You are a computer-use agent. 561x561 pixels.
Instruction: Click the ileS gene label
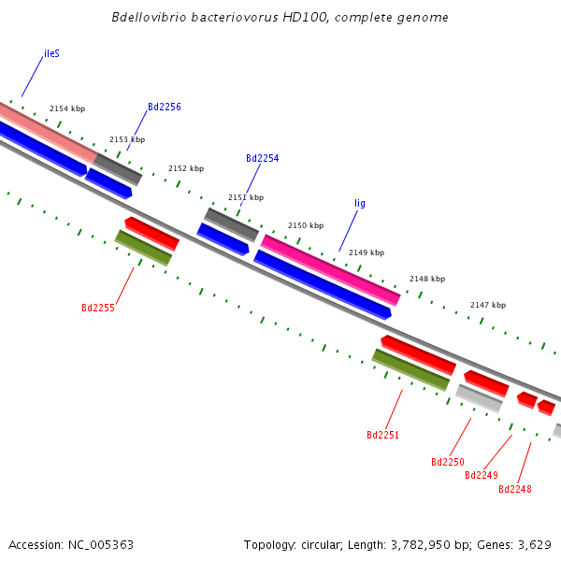pyautogui.click(x=51, y=54)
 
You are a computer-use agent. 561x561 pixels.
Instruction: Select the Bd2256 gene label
pyautogui.click(x=164, y=108)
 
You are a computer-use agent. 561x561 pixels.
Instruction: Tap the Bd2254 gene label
pyautogui.click(x=262, y=159)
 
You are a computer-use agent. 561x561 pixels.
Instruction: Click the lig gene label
pyautogui.click(x=360, y=203)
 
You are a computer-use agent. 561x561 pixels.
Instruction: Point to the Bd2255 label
pyautogui.click(x=98, y=308)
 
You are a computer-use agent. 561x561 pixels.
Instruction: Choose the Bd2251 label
pyautogui.click(x=382, y=435)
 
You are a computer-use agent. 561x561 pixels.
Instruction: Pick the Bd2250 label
pyautogui.click(x=447, y=462)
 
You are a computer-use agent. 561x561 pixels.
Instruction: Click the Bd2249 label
pyautogui.click(x=481, y=475)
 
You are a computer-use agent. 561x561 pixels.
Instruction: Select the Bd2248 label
pyautogui.click(x=514, y=489)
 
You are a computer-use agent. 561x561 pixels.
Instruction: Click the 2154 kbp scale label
pyautogui.click(x=67, y=109)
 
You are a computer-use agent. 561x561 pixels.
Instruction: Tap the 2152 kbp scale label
pyautogui.click(x=186, y=169)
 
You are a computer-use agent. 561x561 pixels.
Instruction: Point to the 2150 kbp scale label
pyautogui.click(x=306, y=225)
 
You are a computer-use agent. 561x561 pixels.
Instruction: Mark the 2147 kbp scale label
pyautogui.click(x=487, y=305)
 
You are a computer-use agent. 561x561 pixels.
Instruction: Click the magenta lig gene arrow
pyautogui.click(x=330, y=269)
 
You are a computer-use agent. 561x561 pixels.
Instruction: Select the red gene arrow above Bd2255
pyautogui.click(x=151, y=233)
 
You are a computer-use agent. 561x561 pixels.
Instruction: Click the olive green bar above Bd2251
pyautogui.click(x=410, y=369)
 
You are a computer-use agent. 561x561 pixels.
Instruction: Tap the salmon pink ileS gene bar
pyautogui.click(x=47, y=129)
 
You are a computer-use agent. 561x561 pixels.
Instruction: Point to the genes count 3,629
pyautogui.click(x=532, y=544)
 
